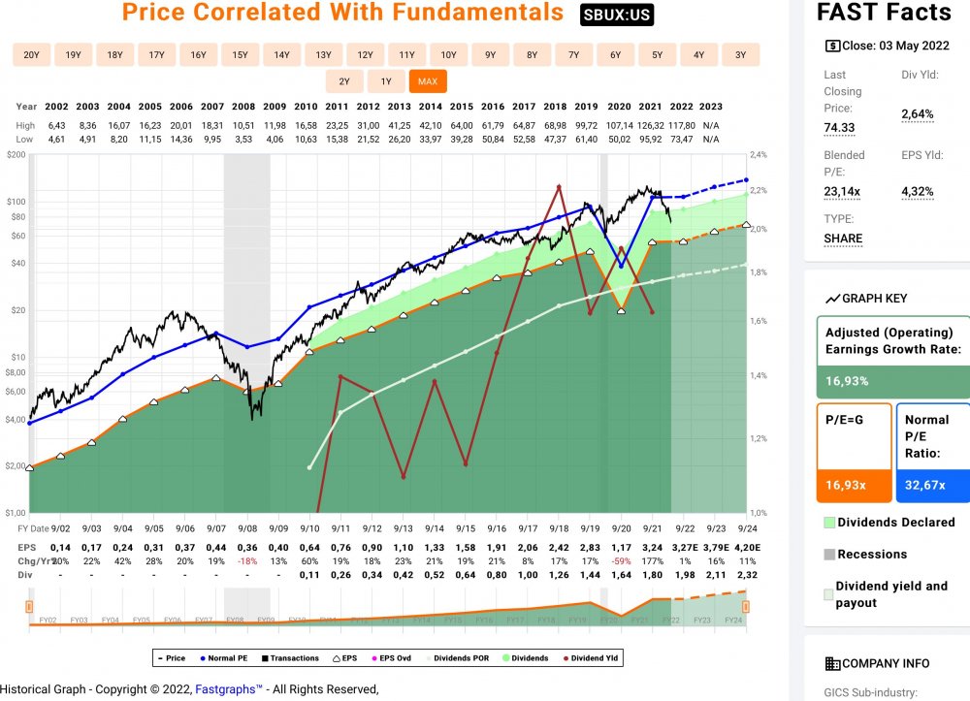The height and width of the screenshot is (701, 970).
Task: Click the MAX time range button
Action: point(427,81)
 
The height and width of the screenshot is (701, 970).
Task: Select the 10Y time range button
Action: point(448,54)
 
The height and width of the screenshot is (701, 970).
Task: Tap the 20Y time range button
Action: point(31,54)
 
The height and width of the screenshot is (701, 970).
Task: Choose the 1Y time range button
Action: point(386,81)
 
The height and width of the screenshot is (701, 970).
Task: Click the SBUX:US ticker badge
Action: point(617,16)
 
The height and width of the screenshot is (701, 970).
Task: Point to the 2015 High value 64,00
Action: point(461,125)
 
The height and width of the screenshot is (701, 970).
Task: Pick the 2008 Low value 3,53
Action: point(242,139)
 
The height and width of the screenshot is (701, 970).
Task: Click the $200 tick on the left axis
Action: point(14,155)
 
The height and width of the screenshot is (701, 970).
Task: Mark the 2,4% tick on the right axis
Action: point(759,155)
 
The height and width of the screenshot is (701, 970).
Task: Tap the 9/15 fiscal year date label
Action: point(465,527)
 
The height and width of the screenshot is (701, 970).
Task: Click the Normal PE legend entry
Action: point(224,658)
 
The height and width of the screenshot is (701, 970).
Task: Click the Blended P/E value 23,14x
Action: point(843,191)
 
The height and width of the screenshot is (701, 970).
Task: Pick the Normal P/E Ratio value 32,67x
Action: point(925,485)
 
